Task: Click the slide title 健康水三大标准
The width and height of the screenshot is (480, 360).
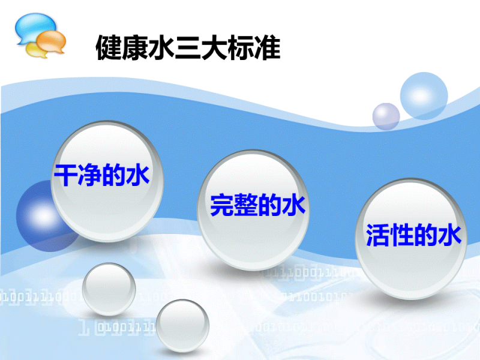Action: [188, 48]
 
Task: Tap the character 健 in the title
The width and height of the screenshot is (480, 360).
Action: [109, 48]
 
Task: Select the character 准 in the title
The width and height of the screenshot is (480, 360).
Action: [267, 48]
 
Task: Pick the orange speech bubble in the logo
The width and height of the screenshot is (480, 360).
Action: [52, 42]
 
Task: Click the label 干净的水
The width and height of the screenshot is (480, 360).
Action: [101, 175]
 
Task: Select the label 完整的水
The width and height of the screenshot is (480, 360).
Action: [258, 205]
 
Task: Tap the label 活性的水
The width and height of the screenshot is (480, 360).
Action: [413, 235]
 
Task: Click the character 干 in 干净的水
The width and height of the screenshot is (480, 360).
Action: [66, 175]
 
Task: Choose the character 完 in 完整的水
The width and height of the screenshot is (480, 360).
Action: [222, 205]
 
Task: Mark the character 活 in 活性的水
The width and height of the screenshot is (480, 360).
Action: [378, 235]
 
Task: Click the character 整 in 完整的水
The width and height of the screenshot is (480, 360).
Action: [246, 205]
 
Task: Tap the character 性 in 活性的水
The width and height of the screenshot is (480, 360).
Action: [401, 235]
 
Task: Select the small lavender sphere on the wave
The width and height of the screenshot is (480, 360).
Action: [386, 116]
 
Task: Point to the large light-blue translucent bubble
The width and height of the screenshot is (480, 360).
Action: [424, 95]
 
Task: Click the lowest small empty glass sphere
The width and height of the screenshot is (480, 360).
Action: [182, 326]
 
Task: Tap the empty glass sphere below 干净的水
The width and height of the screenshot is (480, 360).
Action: [109, 289]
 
